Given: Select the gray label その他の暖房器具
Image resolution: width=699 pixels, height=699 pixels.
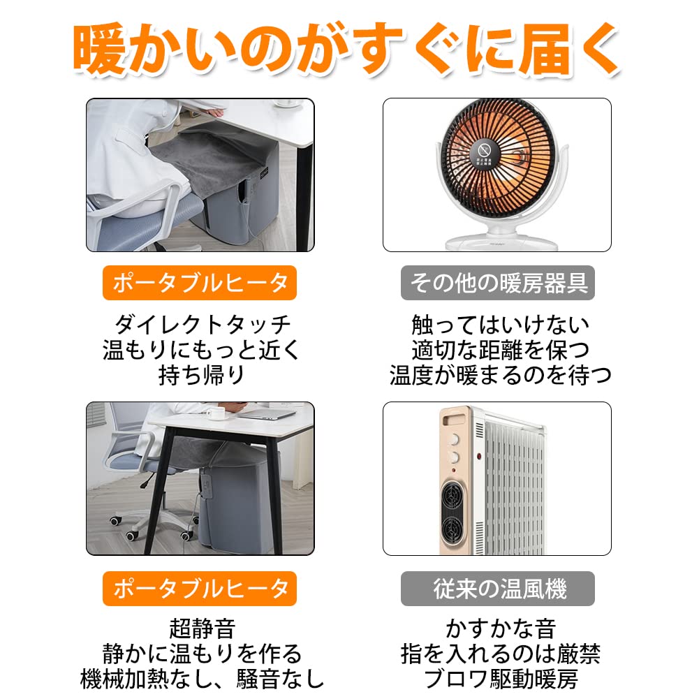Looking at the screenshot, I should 497,284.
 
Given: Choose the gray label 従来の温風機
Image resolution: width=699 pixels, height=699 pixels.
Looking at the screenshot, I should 497,589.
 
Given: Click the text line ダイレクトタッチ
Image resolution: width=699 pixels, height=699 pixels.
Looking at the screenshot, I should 202,325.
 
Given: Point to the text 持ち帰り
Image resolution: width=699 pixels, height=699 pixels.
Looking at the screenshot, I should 202,375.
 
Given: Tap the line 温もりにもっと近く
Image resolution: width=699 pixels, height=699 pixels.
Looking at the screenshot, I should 202,350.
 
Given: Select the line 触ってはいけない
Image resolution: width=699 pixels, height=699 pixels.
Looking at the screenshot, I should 500,325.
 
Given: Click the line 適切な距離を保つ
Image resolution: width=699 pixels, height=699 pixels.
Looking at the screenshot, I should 500,350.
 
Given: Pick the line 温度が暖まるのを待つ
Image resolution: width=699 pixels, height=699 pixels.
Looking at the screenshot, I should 500,375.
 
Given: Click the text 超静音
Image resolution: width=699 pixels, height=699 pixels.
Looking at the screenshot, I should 202,628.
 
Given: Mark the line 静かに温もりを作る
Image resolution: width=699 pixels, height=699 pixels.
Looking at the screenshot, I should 202,654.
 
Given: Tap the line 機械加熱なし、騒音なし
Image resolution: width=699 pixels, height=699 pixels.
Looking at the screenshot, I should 202,679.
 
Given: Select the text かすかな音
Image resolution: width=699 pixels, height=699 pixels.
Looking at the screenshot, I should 500,628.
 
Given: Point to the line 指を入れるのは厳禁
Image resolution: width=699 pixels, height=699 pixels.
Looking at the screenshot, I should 500,654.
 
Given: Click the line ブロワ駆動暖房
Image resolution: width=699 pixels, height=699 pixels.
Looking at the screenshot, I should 500,679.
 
